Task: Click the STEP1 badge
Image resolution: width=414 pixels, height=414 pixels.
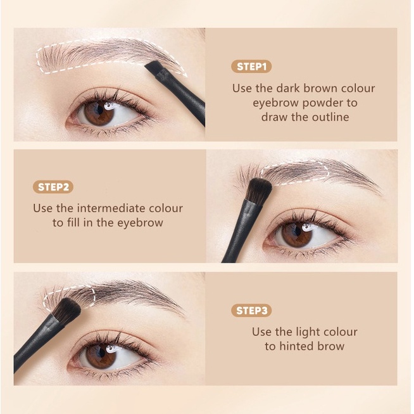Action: point(251,66)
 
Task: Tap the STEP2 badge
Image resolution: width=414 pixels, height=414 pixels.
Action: point(53,187)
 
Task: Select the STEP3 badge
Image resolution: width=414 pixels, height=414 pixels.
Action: point(251,310)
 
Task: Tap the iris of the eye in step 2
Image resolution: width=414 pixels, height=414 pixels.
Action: point(297,234)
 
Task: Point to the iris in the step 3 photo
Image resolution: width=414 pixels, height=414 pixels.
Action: point(101,355)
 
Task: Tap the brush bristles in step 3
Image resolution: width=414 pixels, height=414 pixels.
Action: point(66,310)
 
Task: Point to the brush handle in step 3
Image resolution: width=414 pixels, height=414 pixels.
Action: point(37,344)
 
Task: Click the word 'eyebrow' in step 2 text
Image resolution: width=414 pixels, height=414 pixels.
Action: point(140,223)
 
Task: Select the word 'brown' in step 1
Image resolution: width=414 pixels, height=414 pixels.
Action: point(319,88)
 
